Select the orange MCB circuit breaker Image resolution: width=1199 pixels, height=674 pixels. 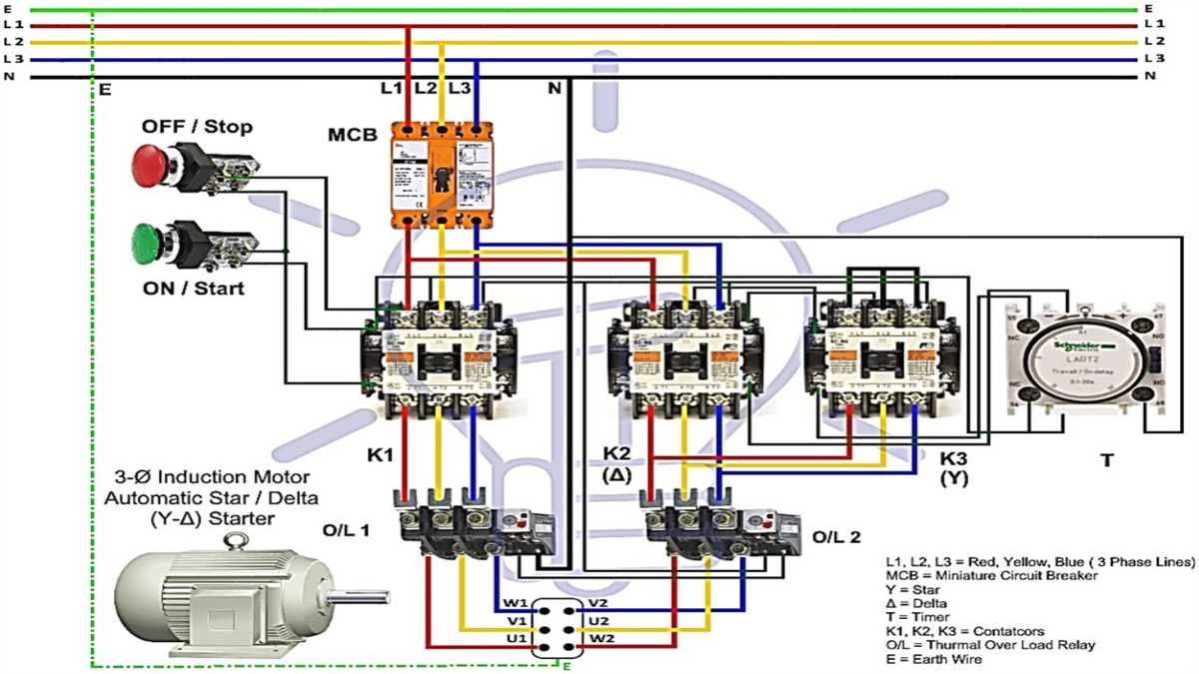[x=441, y=176]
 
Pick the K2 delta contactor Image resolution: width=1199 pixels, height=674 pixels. [x=682, y=355]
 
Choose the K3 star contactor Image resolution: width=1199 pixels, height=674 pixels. [x=875, y=354]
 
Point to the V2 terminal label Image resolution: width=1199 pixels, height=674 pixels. [x=598, y=603]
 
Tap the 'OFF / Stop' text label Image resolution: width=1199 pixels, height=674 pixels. [x=197, y=127]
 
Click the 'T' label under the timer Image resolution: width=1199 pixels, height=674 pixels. [x=1105, y=460]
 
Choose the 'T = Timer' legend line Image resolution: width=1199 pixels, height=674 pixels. [x=919, y=617]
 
